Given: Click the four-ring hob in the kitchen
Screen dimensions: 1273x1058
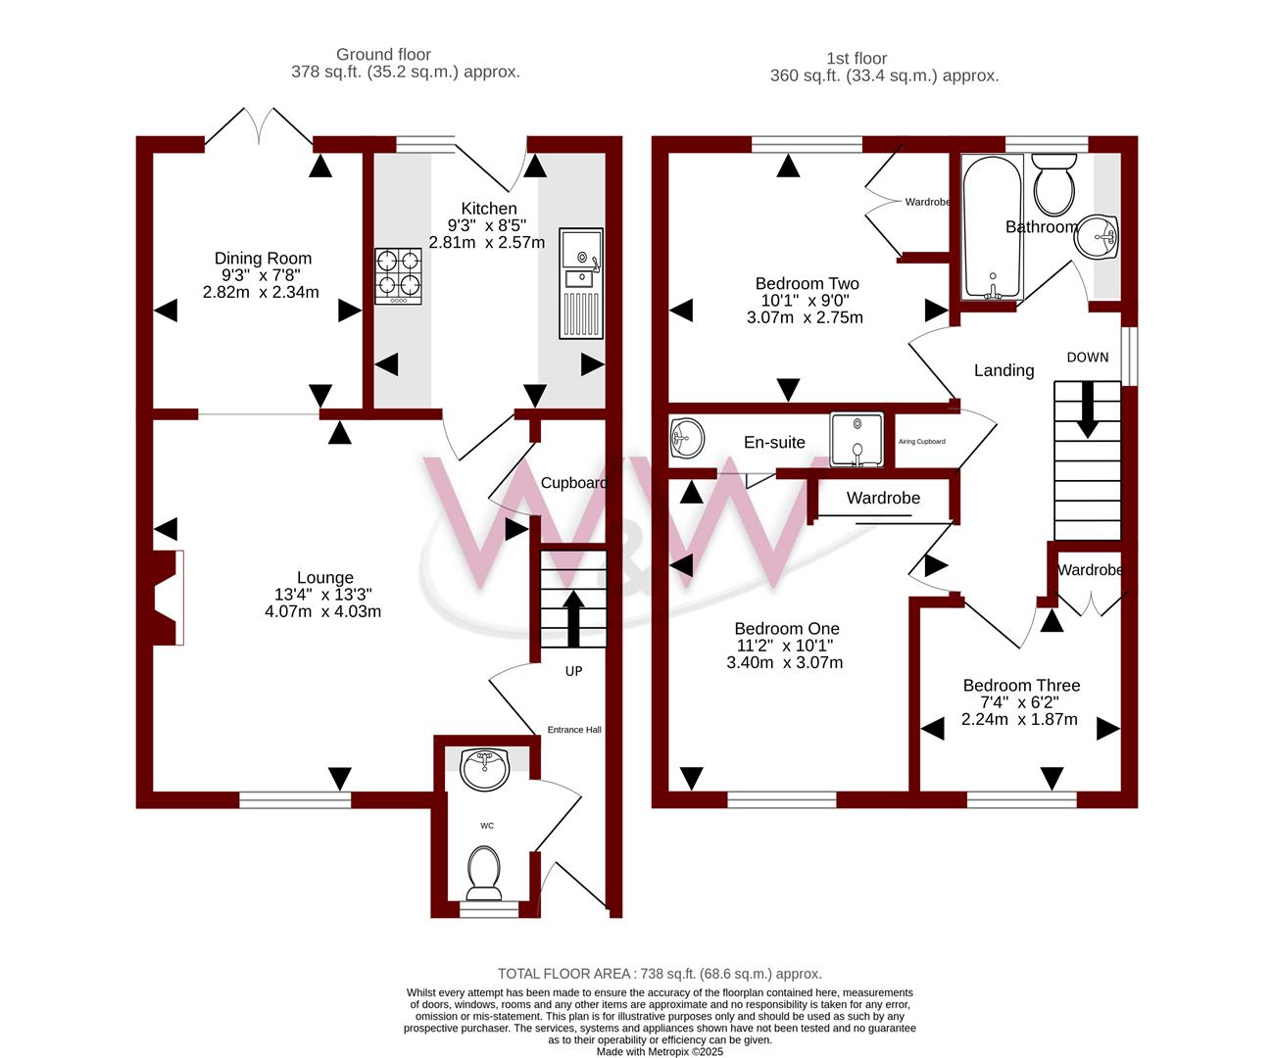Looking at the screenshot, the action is pyautogui.click(x=398, y=276).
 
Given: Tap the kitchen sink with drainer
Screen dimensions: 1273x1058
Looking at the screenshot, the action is pyautogui.click(x=581, y=283).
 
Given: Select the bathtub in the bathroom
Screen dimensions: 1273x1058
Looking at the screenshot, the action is pyautogui.click(x=992, y=226).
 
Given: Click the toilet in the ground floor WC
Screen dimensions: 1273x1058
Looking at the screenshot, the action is pyautogui.click(x=484, y=873).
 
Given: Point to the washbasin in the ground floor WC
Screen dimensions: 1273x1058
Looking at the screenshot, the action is pyautogui.click(x=484, y=769).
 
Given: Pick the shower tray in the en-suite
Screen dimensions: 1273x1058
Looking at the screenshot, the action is pyautogui.click(x=857, y=440).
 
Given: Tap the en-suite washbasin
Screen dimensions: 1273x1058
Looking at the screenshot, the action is pyautogui.click(x=687, y=437).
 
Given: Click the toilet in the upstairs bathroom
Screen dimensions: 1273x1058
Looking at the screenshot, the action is pyautogui.click(x=1053, y=183).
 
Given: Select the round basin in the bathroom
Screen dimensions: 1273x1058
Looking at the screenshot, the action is pyautogui.click(x=1097, y=236).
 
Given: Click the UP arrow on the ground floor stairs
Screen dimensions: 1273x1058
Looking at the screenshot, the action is pyautogui.click(x=573, y=618).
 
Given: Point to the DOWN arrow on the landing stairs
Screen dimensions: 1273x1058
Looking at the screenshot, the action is pyautogui.click(x=1088, y=409).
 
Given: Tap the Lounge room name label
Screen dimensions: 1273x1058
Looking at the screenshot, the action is pyautogui.click(x=325, y=577).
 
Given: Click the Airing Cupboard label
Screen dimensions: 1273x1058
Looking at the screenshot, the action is pyautogui.click(x=922, y=441).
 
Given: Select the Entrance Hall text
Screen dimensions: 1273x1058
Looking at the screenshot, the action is pyautogui.click(x=574, y=730).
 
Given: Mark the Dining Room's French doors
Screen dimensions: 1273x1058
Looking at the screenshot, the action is pyautogui.click(x=259, y=126).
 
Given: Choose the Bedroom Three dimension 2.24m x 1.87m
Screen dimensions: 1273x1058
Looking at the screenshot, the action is pyautogui.click(x=1019, y=719).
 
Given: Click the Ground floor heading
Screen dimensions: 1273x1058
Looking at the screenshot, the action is pyautogui.click(x=383, y=54).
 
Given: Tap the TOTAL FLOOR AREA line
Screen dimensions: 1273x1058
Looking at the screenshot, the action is pyautogui.click(x=660, y=974).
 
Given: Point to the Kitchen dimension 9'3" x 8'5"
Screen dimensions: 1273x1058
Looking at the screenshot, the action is pyautogui.click(x=487, y=225).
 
